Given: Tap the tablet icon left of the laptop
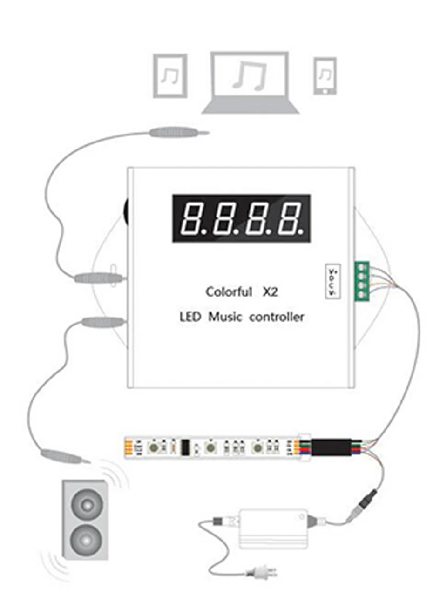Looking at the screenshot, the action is click(170, 75).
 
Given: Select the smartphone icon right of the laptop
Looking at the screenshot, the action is click(325, 76).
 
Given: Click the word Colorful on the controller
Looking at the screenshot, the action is click(229, 292).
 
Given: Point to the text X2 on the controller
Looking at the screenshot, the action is click(270, 292).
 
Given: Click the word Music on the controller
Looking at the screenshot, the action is click(225, 317).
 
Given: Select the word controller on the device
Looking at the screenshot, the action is click(277, 317).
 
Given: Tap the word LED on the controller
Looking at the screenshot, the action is click(190, 317).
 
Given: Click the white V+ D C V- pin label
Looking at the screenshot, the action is click(332, 281).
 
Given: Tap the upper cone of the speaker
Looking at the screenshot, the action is click(86, 504).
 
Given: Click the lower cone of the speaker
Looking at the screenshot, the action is click(86, 540).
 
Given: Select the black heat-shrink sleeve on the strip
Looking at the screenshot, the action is click(331, 447).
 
